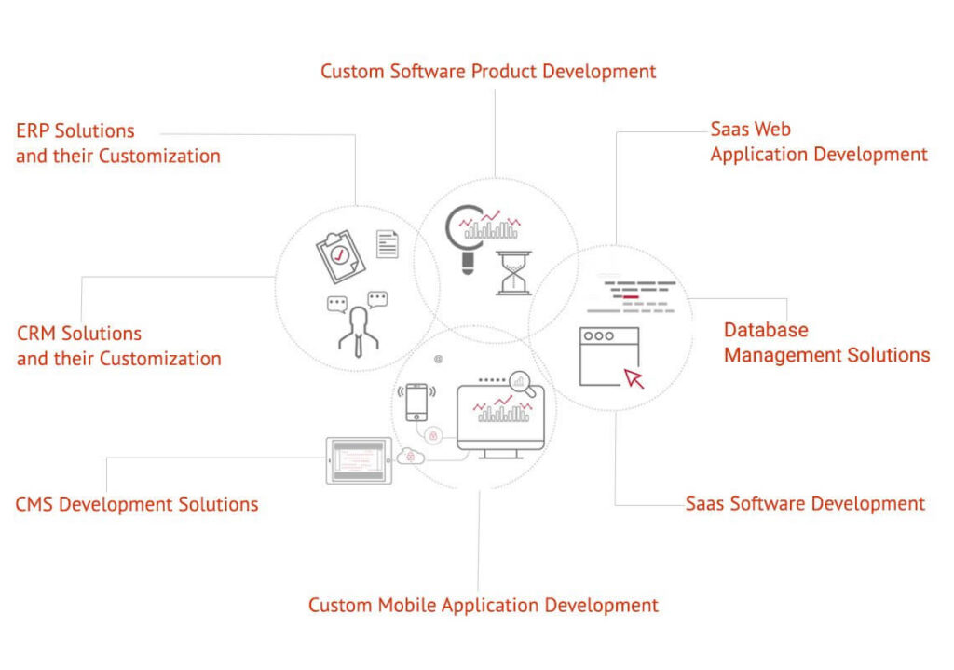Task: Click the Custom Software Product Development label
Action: [488, 72]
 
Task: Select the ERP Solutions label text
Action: [118, 143]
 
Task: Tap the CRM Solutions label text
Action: [118, 346]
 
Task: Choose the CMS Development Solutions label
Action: [137, 504]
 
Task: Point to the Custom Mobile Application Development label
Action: [484, 606]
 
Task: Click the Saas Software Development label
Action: [805, 504]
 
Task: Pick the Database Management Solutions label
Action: [827, 342]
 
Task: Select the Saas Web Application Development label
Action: [819, 142]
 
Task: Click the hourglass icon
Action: [514, 273]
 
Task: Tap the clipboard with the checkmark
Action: [340, 256]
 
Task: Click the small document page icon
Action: [388, 244]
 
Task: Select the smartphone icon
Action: [416, 402]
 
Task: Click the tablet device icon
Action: [359, 460]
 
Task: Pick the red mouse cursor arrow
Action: [634, 378]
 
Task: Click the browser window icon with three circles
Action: [609, 357]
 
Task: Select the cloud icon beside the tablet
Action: [410, 456]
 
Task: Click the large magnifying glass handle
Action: [468, 263]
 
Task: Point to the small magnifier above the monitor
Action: [522, 383]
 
